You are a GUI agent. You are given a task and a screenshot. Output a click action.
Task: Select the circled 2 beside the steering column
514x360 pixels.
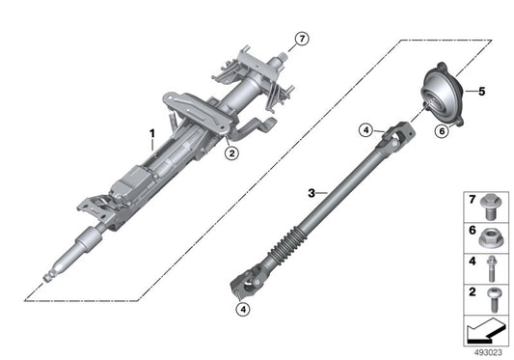pos(230,152)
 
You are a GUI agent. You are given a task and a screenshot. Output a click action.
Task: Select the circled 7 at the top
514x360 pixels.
pos(302,39)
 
